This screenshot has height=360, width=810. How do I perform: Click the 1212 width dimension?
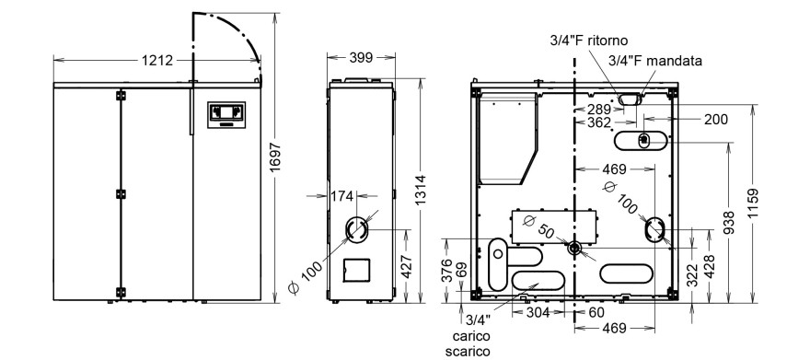pyautogui.click(x=157, y=61)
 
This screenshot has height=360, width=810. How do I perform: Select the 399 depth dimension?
pyautogui.click(x=361, y=58)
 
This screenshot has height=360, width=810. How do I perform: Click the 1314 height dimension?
pyautogui.click(x=421, y=190)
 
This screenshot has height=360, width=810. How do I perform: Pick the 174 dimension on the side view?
pyautogui.click(x=342, y=196)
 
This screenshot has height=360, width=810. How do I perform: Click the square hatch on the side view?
pyautogui.click(x=356, y=270)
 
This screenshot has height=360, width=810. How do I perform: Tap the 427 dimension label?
pyautogui.click(x=407, y=266)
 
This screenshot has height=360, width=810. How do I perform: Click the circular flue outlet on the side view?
pyautogui.click(x=356, y=229)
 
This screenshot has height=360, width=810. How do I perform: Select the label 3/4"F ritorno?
pyautogui.click(x=589, y=41)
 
